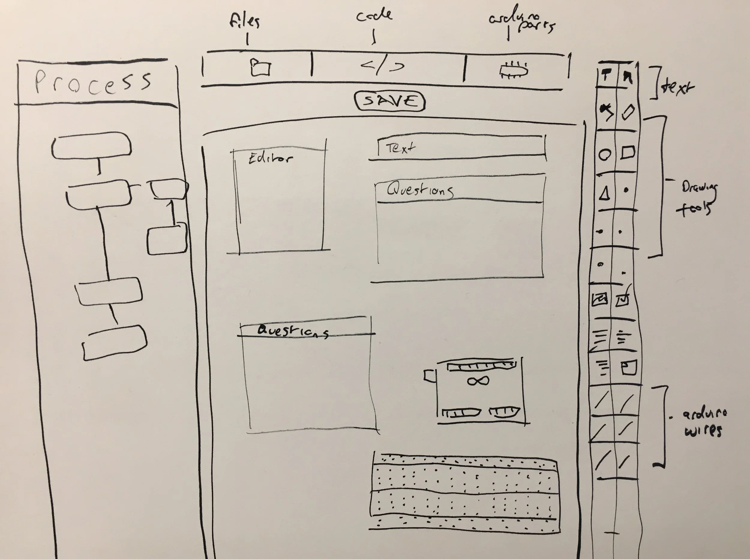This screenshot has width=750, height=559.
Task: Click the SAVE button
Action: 390,101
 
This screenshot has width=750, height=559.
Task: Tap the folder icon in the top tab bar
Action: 260,68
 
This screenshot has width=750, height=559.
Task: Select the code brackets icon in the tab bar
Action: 382,66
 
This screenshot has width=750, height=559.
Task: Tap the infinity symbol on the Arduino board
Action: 478,381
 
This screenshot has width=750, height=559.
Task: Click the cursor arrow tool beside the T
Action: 627,78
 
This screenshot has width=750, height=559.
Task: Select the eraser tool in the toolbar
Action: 628,112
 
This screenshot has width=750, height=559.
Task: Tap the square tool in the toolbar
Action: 628,153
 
